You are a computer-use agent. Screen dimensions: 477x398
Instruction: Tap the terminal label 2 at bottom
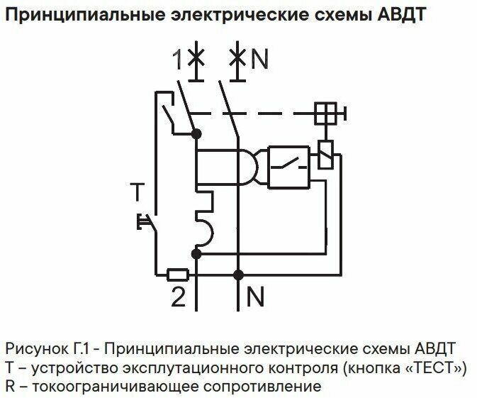[x=178, y=296]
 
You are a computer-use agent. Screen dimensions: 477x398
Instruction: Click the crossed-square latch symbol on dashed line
[x=327, y=112]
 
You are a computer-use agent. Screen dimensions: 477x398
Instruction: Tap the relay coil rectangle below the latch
[x=326, y=154]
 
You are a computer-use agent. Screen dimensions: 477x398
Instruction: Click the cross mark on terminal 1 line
[x=197, y=59]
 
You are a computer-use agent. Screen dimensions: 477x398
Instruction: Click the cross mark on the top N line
[x=238, y=59]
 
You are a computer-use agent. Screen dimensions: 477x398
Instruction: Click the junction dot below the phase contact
[x=197, y=133]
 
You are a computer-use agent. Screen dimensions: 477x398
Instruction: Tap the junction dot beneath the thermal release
[x=197, y=252]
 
